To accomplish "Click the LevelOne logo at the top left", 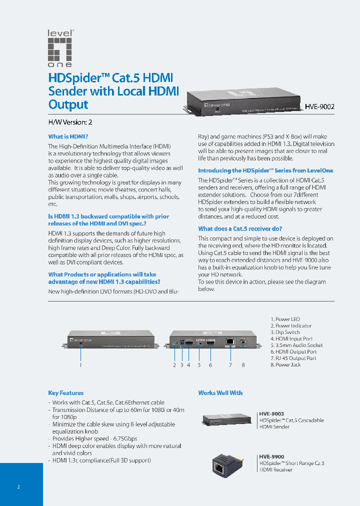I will pyautogui.click(x=60, y=48).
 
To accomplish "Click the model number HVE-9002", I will pyautogui.click(x=320, y=106).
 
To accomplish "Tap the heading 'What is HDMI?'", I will pyautogui.click(x=68, y=136).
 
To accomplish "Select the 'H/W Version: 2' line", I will pyautogui.click(x=70, y=122).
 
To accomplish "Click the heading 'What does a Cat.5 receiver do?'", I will pyautogui.click(x=240, y=228).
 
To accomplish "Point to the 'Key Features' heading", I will pyautogui.click(x=65, y=393).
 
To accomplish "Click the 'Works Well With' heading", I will pyautogui.click(x=220, y=393).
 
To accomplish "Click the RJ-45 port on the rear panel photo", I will pyautogui.click(x=230, y=341).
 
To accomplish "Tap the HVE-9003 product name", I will pyautogui.click(x=271, y=414).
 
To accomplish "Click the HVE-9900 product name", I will pyautogui.click(x=271, y=456).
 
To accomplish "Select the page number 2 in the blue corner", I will pyautogui.click(x=18, y=486).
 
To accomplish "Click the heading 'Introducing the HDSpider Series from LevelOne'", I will pyautogui.click(x=265, y=170).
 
